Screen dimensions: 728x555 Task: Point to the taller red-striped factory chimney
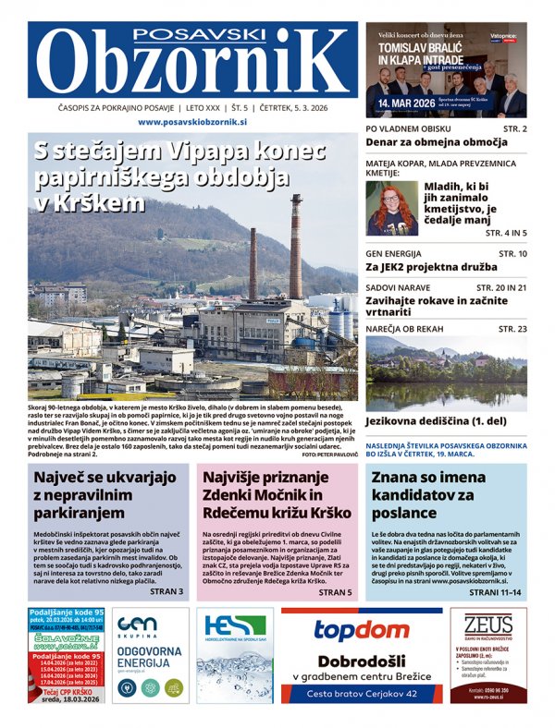click(296, 245)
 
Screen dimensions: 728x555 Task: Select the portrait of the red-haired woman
click(392, 207)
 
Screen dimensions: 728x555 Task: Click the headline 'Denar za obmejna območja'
click(437, 143)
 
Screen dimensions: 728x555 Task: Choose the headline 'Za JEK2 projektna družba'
click(427, 268)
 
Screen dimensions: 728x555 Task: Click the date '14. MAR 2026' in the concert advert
click(407, 103)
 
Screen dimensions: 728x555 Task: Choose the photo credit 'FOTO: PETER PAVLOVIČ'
click(329, 430)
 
